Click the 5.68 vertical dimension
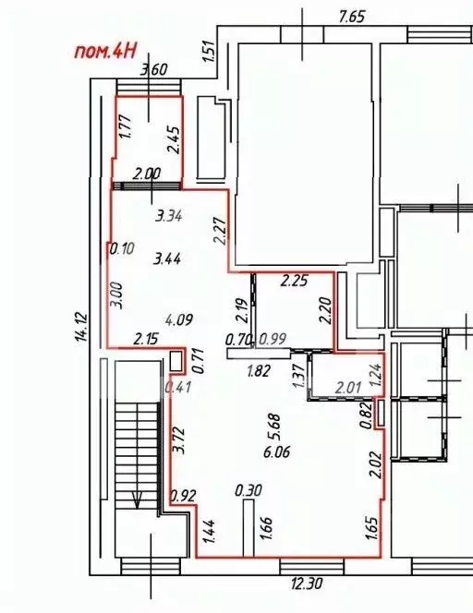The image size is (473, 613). click(x=273, y=426)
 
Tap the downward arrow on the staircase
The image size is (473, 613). click(x=137, y=501)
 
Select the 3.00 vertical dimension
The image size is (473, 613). click(x=115, y=294)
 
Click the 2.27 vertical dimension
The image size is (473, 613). click(x=221, y=229)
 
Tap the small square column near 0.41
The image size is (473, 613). click(x=176, y=361)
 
